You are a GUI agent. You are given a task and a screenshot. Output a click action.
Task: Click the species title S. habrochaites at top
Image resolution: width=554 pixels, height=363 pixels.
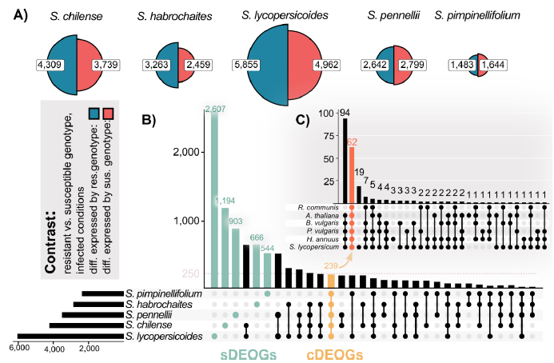click(x=167, y=15)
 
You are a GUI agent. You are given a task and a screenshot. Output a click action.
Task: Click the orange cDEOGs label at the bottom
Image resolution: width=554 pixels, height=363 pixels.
click(x=331, y=353)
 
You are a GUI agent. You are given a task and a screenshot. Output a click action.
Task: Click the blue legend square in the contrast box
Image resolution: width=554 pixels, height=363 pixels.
click(x=94, y=114)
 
